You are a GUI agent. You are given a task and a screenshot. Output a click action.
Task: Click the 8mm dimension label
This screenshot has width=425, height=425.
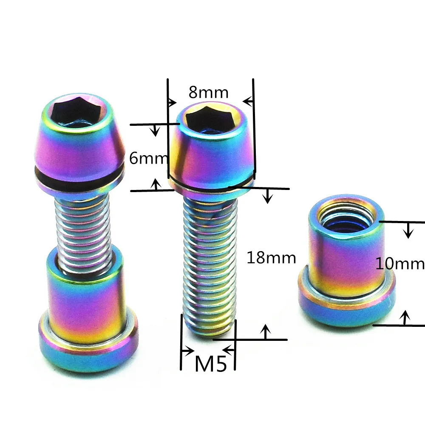tap(208, 92)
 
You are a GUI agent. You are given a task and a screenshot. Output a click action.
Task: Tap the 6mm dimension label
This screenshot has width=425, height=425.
tap(148, 158)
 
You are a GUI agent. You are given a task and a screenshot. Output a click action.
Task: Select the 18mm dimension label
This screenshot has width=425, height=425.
tap(271, 258)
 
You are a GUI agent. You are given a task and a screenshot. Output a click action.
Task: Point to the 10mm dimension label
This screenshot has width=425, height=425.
tap(400, 263)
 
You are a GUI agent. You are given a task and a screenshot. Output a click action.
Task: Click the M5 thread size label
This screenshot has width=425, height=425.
tap(211, 364)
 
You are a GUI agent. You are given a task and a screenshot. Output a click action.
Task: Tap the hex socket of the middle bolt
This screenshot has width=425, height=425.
tap(210, 119)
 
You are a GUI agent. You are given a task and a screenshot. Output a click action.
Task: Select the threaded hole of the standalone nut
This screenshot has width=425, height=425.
tap(346, 216)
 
